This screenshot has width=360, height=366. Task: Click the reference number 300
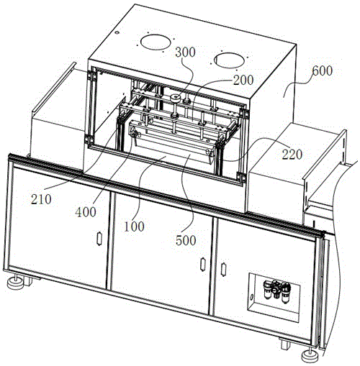point(185,52)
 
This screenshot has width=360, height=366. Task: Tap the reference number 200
point(243,80)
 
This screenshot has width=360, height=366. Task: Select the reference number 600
point(323,70)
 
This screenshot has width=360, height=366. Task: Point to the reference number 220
point(292,155)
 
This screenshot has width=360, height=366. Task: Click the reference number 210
point(41,199)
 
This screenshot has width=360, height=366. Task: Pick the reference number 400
point(86,212)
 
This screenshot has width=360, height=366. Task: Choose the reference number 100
point(134,227)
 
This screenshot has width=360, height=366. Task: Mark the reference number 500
point(186,240)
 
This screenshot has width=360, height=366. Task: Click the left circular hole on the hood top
point(156,42)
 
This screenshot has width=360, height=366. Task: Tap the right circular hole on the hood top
point(229,60)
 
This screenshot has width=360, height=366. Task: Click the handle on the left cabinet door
point(99,239)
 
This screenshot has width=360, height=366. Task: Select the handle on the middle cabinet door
point(203,265)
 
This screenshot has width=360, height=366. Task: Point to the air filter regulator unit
point(277,290)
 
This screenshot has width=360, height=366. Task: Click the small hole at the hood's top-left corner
point(117,32)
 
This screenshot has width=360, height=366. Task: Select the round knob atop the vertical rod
point(176,97)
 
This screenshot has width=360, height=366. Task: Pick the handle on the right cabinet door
point(223,270)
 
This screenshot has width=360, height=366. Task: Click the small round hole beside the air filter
point(251,298)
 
